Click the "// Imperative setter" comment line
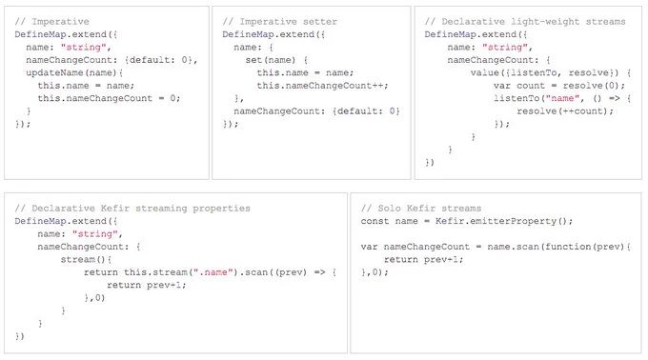[x=280, y=22]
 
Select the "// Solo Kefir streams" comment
[x=420, y=208]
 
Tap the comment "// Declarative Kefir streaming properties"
[x=132, y=208]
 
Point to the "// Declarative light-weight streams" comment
[x=525, y=22]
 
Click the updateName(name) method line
[x=74, y=72]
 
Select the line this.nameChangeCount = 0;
[x=109, y=98]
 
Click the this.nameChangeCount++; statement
[x=322, y=86]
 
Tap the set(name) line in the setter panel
[x=276, y=60]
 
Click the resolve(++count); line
[x=565, y=111]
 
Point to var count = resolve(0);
[x=558, y=86]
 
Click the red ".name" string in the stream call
[x=211, y=272]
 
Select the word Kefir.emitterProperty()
[x=504, y=221]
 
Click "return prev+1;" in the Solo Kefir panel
[x=424, y=259]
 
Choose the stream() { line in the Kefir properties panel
[x=86, y=259]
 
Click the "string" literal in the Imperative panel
[x=84, y=47]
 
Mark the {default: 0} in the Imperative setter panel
[x=366, y=111]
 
